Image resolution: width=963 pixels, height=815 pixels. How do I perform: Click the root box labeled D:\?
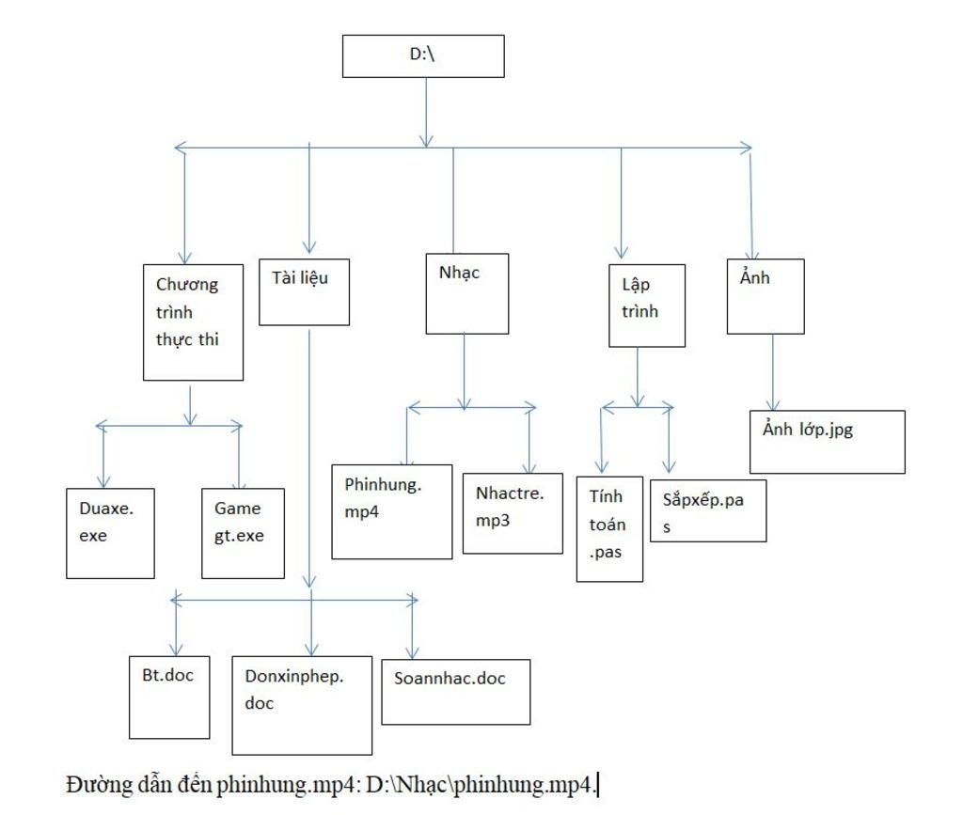(423, 56)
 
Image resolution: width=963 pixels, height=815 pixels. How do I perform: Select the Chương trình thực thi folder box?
(193, 322)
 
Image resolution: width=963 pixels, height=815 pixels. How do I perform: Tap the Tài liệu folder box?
(304, 292)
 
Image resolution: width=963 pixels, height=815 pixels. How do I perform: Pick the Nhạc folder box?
(467, 293)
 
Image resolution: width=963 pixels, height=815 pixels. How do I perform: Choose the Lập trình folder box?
(647, 306)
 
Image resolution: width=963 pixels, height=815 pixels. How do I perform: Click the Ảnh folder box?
(766, 296)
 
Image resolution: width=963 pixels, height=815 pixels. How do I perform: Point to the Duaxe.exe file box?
(110, 533)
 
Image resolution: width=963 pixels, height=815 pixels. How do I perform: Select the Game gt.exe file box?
(243, 533)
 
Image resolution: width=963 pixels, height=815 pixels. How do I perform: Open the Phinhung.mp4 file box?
(392, 511)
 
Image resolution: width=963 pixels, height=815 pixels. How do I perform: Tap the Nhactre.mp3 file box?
(513, 513)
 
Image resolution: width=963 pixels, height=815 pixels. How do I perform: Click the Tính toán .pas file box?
(609, 529)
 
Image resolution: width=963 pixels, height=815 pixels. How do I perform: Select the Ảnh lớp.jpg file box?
(828, 442)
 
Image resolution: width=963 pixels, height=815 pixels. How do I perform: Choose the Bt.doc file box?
(169, 697)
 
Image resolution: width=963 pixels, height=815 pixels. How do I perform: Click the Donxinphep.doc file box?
(302, 705)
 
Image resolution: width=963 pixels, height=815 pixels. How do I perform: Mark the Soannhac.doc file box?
(456, 692)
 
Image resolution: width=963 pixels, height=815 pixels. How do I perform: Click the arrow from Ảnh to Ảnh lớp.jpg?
(773, 372)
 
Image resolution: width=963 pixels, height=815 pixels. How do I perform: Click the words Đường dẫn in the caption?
(103, 784)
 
